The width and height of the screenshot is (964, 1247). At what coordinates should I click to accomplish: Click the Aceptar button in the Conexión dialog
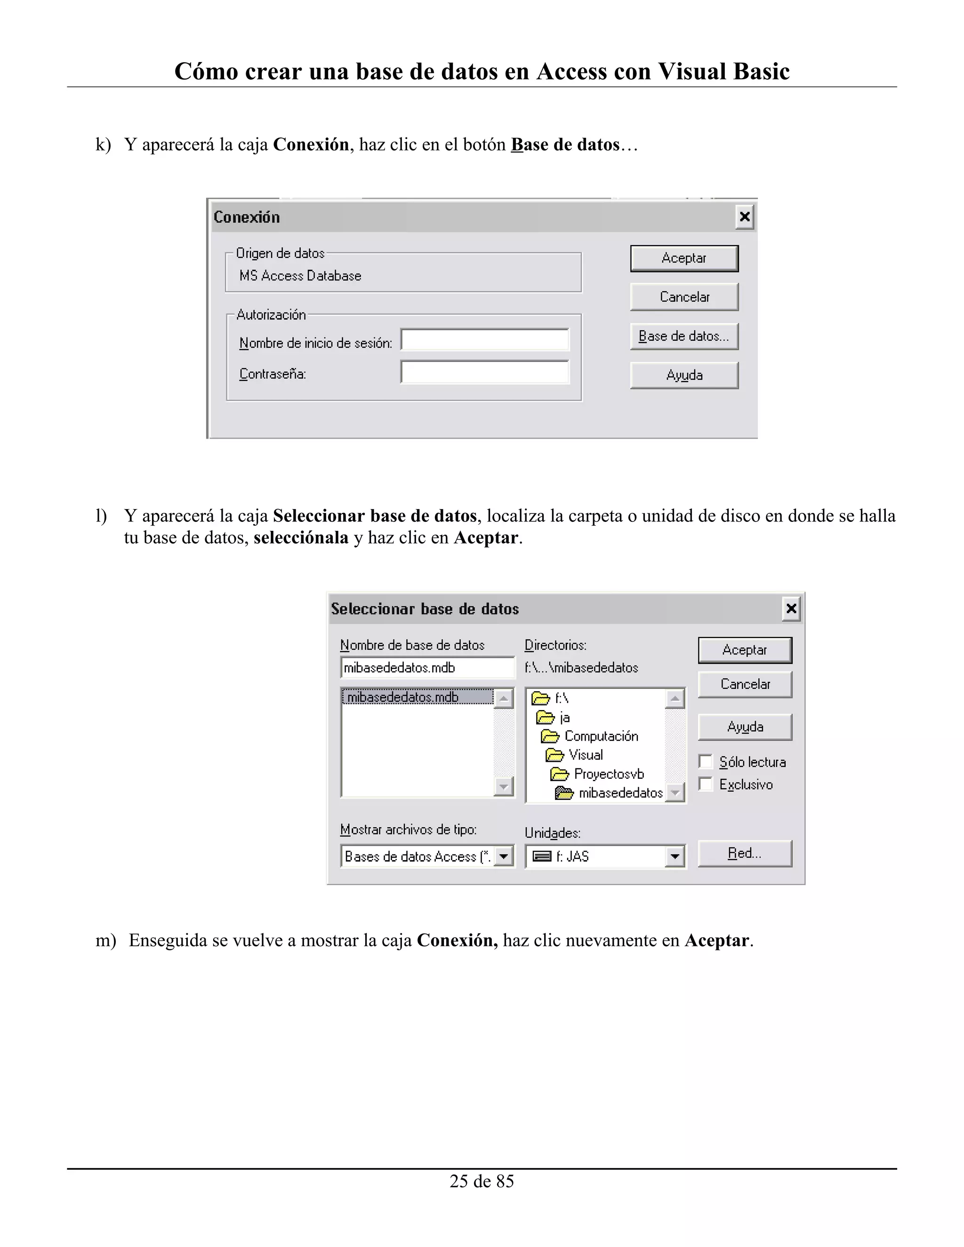pos(683,259)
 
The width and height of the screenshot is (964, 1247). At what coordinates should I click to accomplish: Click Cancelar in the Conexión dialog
pos(683,297)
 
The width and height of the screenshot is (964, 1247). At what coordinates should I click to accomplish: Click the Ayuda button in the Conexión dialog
pos(683,375)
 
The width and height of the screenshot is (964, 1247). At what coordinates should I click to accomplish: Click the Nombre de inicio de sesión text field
pos(484,340)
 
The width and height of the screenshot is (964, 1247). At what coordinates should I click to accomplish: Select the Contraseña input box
pos(484,372)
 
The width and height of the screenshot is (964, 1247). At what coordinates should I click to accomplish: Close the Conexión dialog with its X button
pos(744,217)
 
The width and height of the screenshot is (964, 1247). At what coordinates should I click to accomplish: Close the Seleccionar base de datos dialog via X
pos(791,608)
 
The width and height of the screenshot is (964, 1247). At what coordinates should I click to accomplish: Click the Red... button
pos(744,854)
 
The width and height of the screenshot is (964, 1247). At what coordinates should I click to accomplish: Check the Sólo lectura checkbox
pos(706,762)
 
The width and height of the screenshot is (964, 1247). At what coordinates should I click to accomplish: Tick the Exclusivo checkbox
pos(706,784)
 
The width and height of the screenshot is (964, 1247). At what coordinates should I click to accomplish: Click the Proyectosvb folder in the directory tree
pos(608,774)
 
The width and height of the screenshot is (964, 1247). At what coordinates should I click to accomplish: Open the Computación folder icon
pos(549,736)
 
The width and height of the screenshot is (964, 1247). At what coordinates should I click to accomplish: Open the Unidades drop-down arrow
pos(675,856)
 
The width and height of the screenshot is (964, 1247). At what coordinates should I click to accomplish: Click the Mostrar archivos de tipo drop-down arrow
pos(503,856)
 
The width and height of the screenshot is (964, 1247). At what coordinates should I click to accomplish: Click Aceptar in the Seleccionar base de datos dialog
pos(744,650)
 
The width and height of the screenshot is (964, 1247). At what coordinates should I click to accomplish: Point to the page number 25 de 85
pos(482,1181)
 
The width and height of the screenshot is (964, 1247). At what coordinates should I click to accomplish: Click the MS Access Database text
pos(300,276)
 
